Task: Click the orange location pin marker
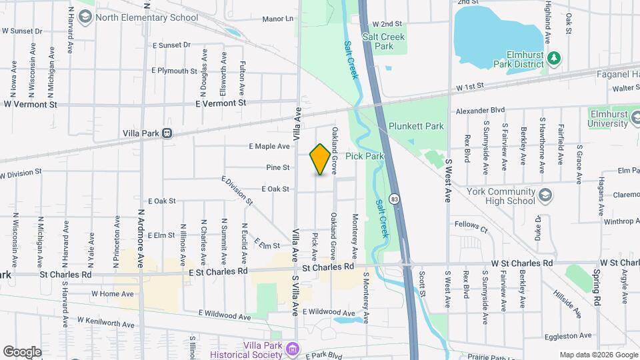[321, 159]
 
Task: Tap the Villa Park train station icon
[167, 133]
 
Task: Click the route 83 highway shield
[395, 199]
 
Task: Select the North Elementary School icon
[85, 17]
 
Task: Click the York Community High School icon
[545, 195]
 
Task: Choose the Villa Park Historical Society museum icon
[291, 348]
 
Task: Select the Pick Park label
[364, 156]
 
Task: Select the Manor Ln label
[277, 19]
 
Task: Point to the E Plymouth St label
[175, 70]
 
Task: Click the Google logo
[22, 351]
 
